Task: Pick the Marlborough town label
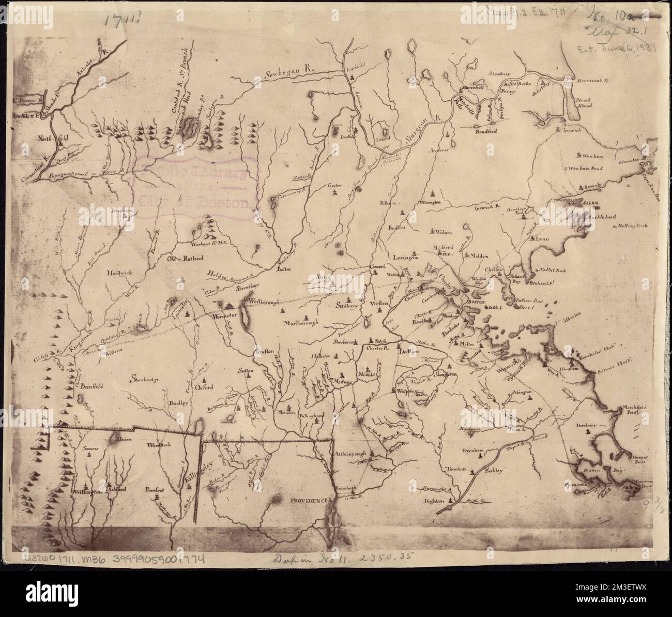(x=302, y=322)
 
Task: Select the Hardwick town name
(x=120, y=272)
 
